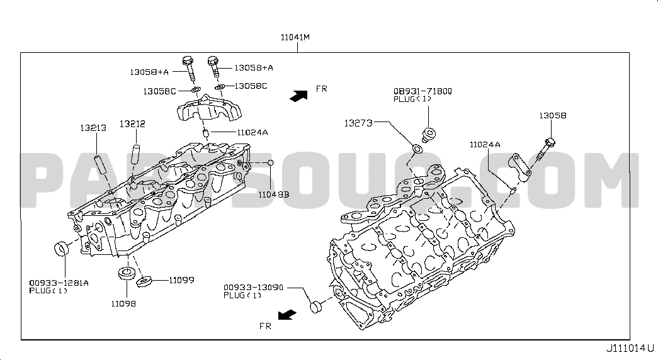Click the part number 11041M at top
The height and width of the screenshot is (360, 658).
point(295,37)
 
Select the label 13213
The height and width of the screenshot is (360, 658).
point(93,128)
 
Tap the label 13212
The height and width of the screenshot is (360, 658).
point(132,124)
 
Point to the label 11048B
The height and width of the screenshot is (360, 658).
point(274,194)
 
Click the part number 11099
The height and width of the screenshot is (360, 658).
point(182,280)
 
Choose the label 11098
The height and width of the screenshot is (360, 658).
point(123,303)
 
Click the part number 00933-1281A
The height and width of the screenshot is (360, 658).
point(59,283)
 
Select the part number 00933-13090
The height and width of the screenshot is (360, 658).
point(254,288)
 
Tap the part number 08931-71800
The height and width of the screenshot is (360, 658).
point(423,91)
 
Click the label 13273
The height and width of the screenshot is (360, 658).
point(358,123)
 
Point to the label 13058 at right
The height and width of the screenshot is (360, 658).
point(553,115)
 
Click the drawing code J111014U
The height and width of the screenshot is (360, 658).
point(630,348)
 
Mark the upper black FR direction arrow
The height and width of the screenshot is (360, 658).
point(299,96)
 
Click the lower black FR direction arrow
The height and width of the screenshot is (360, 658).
point(288,315)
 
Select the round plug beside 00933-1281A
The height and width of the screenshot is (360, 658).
point(62,248)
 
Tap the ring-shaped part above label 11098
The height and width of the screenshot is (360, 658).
point(125,273)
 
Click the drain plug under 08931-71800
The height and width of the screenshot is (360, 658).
point(428,135)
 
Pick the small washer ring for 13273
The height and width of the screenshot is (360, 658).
point(417,149)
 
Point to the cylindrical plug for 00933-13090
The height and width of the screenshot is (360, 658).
point(317,307)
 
